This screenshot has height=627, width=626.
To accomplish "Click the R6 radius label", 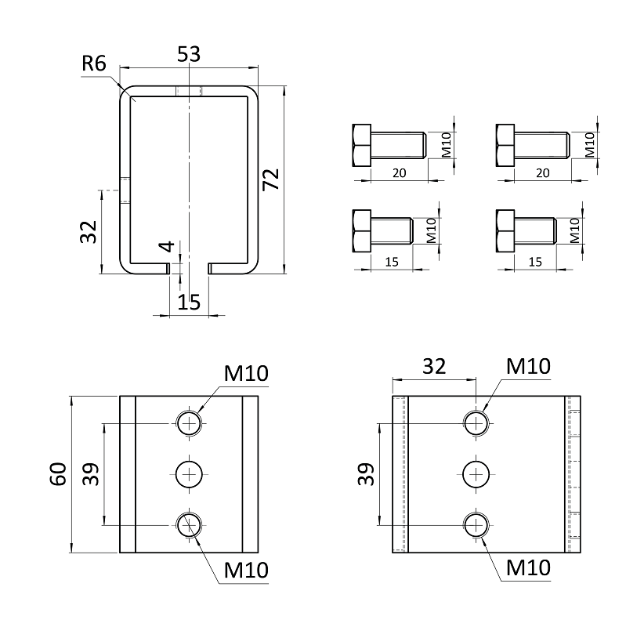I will [93, 63].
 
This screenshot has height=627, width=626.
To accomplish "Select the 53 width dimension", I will [189, 55].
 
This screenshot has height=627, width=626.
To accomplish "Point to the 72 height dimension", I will [271, 179].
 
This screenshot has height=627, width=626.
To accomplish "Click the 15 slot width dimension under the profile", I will [189, 302].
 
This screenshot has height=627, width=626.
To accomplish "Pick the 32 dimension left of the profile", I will [89, 231].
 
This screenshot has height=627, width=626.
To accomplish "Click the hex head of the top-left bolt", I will [361, 145].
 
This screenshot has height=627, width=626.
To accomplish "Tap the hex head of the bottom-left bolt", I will [361, 231].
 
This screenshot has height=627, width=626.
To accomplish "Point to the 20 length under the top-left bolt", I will [398, 173].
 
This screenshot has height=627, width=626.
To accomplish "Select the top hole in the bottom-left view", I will [189, 423].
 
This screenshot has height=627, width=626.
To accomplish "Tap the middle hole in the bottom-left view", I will [189, 473].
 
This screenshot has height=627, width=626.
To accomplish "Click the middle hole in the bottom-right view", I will [476, 473].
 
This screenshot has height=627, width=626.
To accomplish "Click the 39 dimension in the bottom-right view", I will [366, 473].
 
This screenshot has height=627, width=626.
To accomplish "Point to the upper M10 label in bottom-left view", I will [246, 374].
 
